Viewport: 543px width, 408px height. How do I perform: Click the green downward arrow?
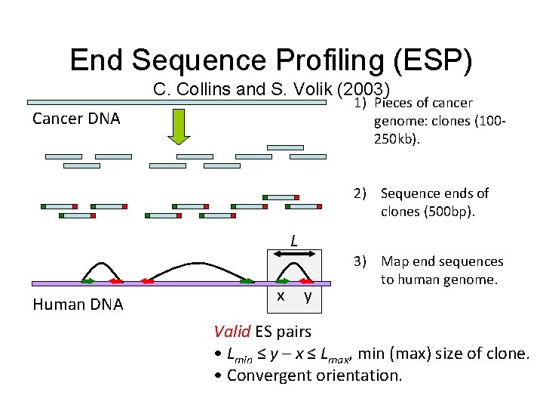click(179, 126)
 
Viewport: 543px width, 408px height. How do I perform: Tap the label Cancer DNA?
click(76, 119)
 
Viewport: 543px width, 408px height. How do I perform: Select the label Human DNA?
click(78, 304)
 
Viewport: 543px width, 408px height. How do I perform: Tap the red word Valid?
click(232, 331)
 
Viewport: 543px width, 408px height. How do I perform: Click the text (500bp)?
click(428, 212)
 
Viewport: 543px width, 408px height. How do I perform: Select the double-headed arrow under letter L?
click(294, 251)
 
